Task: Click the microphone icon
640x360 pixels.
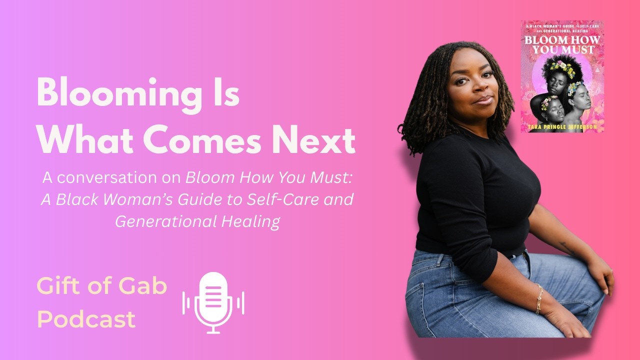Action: point(213,302)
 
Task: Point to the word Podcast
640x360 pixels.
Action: point(86,319)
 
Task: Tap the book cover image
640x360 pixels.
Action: point(562,76)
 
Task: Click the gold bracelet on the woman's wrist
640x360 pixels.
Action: point(539,298)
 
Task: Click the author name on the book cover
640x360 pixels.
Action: point(562,128)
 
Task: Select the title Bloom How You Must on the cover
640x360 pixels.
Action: point(562,44)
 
